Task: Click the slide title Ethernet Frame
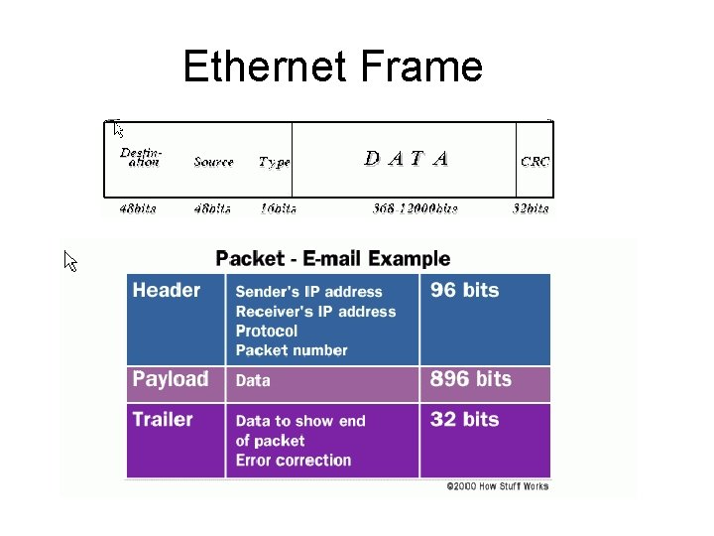coord(333,67)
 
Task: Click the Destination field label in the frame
coord(141,158)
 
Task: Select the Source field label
coord(213,162)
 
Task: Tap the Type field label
coord(274,162)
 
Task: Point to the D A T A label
coord(407,158)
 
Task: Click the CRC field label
coord(535,161)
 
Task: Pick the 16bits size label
coord(277,208)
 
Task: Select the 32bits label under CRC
coord(531,208)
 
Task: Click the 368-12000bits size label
coord(415,208)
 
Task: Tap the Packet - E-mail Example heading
coord(332,259)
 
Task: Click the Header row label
coord(166,291)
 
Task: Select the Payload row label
coord(171,379)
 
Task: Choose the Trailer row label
coord(163,419)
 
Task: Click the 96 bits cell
coord(465,291)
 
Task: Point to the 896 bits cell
coord(470,379)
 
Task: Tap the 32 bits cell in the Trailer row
coord(465,420)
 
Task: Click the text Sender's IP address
coord(308,292)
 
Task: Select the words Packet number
coord(292,350)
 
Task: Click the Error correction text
coord(294,461)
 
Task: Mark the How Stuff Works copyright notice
coord(497,486)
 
